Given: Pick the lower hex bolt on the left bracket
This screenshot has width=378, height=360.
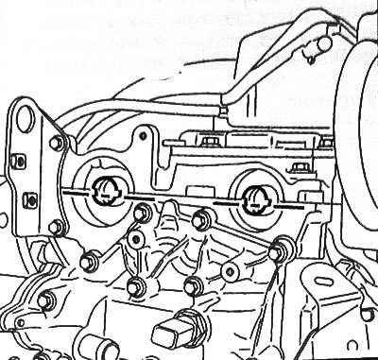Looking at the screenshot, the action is pos(56,226).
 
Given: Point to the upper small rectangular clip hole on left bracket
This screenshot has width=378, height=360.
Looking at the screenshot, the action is pos(22,162).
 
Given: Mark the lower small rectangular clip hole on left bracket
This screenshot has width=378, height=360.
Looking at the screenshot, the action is pos(29,199).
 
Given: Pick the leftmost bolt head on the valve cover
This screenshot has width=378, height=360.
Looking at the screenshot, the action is pos(207,143).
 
